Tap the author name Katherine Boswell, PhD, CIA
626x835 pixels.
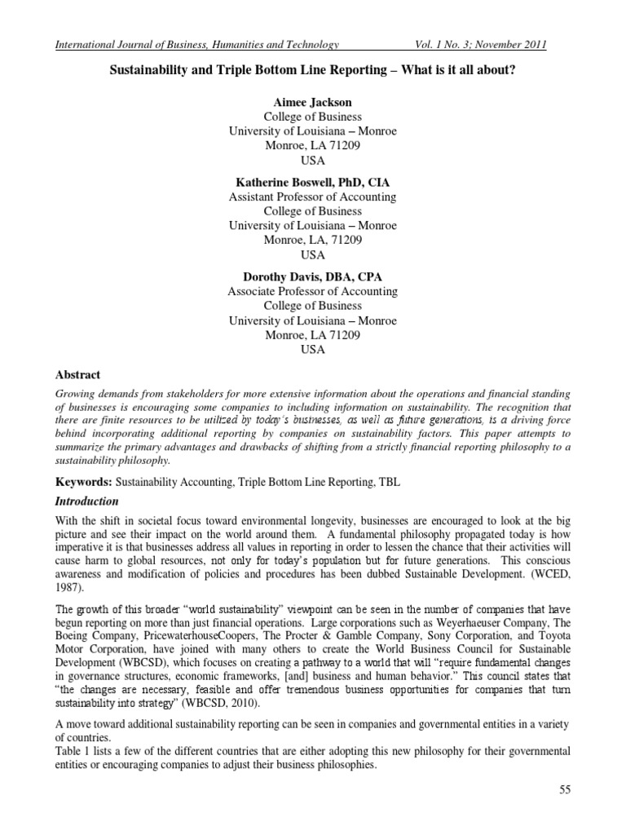click(x=312, y=183)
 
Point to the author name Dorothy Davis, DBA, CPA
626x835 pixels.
click(x=312, y=276)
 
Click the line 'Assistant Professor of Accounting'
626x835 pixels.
click(x=312, y=197)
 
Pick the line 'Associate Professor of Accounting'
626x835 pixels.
click(x=312, y=291)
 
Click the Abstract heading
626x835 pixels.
click(x=77, y=375)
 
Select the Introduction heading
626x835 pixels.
click(x=86, y=501)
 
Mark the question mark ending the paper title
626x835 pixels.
click(x=513, y=72)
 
